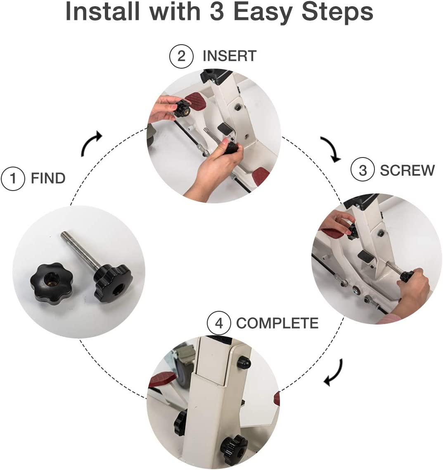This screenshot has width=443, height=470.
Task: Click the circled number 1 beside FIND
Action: pyautogui.click(x=12, y=178)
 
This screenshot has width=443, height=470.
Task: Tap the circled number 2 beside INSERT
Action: pyautogui.click(x=181, y=56)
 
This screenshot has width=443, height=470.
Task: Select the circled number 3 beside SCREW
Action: pyautogui.click(x=362, y=170)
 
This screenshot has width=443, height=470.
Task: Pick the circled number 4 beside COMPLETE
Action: pyautogui.click(x=219, y=323)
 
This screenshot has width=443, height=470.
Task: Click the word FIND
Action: pyautogui.click(x=48, y=178)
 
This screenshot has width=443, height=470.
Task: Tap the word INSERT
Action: pyautogui.click(x=230, y=56)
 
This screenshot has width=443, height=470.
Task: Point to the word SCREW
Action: pyautogui.click(x=407, y=170)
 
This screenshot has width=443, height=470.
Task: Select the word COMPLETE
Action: pyautogui.click(x=277, y=323)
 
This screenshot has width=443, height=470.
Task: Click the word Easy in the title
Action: pyautogui.click(x=262, y=12)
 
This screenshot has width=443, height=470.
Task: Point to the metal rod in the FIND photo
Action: pyautogui.click(x=81, y=249)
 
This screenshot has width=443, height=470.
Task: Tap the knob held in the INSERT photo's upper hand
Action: pyautogui.click(x=182, y=109)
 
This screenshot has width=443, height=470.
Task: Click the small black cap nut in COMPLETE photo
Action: pyautogui.click(x=244, y=362)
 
